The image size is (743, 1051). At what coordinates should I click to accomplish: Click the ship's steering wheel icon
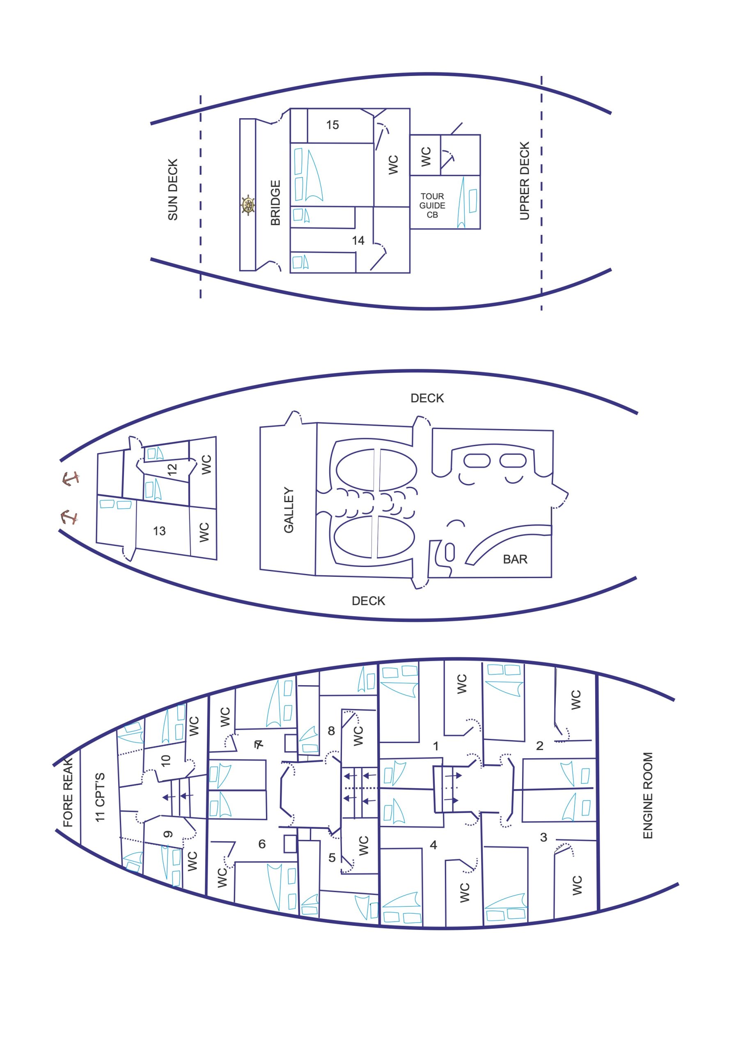(248, 204)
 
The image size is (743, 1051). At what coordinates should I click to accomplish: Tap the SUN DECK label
(172, 190)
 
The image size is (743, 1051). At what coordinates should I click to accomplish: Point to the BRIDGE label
(275, 203)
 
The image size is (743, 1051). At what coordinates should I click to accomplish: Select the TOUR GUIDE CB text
(432, 206)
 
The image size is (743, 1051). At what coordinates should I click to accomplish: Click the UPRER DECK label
(524, 181)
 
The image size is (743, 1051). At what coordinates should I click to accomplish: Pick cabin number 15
(333, 125)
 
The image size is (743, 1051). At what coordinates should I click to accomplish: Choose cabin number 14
(358, 240)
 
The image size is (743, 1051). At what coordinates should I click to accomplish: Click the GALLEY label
(289, 510)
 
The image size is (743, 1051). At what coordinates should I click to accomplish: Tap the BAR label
(515, 560)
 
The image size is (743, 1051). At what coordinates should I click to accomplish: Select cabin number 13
(159, 531)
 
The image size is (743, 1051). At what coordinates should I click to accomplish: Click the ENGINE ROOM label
(647, 796)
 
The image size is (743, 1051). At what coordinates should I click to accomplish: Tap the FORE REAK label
(68, 792)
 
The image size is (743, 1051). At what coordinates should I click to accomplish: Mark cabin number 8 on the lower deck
(331, 731)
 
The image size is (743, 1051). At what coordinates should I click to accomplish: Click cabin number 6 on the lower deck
(262, 844)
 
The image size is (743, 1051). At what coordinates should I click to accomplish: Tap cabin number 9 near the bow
(168, 835)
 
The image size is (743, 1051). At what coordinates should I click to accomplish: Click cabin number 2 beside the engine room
(540, 746)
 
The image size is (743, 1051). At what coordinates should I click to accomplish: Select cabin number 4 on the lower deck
(433, 845)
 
